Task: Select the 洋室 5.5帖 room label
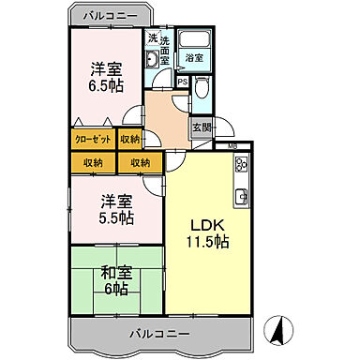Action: [116, 210]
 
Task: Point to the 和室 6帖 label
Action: [116, 279]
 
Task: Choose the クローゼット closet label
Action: [92, 140]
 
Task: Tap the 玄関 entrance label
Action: [201, 127]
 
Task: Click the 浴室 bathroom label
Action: [194, 58]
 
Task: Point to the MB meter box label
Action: [232, 147]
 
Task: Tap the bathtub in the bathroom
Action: [194, 40]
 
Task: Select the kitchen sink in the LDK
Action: [241, 197]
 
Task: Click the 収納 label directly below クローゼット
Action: [92, 163]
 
